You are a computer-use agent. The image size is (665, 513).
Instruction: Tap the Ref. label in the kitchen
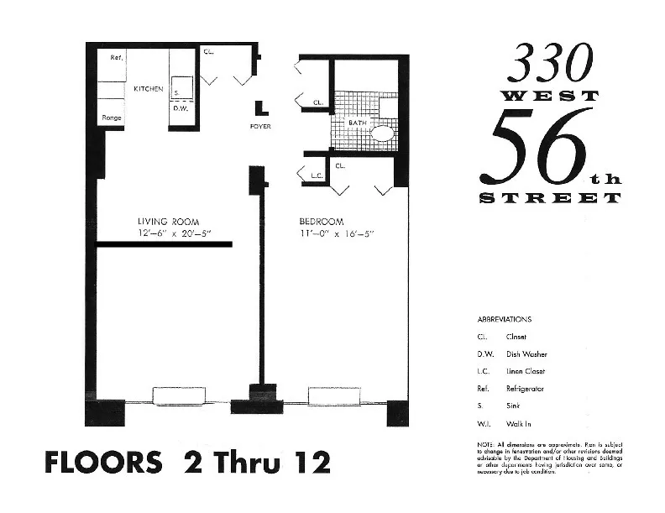click(117, 58)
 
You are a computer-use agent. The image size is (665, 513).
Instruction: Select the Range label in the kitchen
click(111, 118)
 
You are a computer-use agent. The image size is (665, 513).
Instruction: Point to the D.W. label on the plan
click(180, 108)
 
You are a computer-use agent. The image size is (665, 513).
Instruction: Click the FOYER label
click(260, 127)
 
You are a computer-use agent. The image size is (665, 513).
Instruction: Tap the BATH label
click(358, 123)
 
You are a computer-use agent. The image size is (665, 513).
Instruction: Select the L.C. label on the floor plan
click(317, 176)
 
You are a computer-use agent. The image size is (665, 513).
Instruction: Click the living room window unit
click(176, 395)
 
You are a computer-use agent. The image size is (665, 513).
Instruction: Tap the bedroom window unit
click(334, 395)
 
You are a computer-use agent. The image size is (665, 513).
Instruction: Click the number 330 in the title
click(551, 63)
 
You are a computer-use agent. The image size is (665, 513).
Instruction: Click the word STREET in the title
click(550, 198)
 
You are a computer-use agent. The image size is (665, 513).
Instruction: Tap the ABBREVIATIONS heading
click(504, 320)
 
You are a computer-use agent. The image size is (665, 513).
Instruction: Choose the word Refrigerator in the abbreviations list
click(525, 390)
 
